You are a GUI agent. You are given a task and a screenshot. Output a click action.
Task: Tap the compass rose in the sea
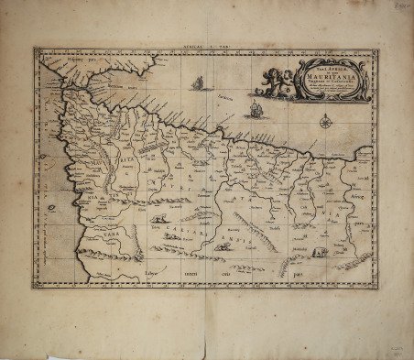(x=326, y=119)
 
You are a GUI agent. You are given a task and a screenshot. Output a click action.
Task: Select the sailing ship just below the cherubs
(x=256, y=111)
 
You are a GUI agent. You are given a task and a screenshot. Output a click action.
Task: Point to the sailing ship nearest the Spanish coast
(x=196, y=84)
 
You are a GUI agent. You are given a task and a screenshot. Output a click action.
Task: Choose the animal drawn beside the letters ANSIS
(x=223, y=245)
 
